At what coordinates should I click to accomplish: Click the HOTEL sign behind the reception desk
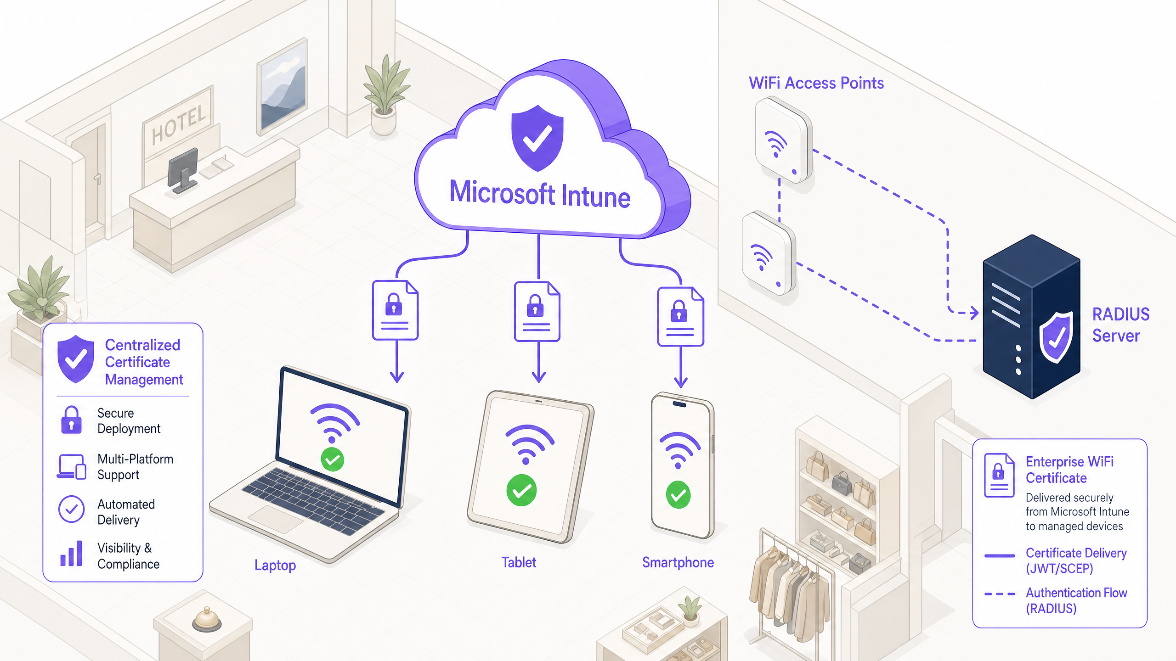[x=179, y=123]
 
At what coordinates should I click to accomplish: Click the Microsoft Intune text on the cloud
[x=540, y=195]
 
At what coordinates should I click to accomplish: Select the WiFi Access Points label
[x=816, y=83]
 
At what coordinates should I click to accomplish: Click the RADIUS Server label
[x=1120, y=325]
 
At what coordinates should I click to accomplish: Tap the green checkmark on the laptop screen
[x=333, y=459]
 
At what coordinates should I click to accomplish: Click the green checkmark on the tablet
[x=521, y=490]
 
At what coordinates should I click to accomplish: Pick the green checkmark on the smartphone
[x=678, y=494]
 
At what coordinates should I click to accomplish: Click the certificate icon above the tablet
[x=537, y=312]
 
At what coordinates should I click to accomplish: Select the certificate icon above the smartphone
[x=680, y=317]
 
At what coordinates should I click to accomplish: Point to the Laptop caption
[x=275, y=565]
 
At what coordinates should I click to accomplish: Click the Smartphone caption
[x=678, y=562]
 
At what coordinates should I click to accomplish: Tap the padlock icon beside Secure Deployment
[x=71, y=420]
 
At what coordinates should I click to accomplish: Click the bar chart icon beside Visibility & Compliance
[x=71, y=554]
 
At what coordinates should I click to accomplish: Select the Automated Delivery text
[x=126, y=512]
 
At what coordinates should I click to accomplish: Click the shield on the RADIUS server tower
[x=1056, y=337]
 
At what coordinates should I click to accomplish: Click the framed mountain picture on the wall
[x=283, y=87]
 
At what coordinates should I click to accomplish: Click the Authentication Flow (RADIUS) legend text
[x=1076, y=600]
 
